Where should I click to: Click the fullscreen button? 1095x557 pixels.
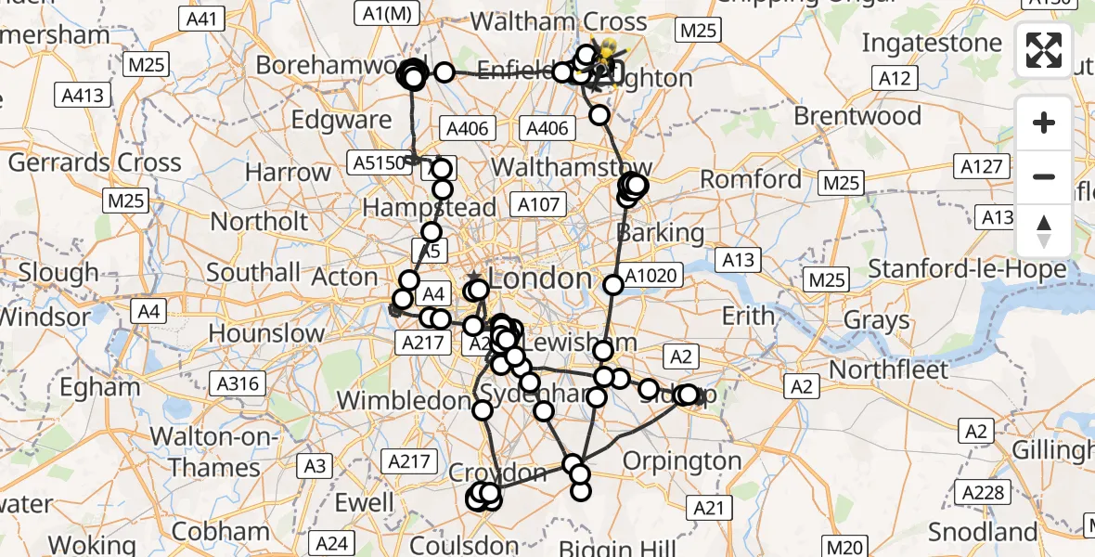[1044, 50]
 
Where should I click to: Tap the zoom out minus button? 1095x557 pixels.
[1044, 176]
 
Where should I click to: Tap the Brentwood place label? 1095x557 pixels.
[857, 117]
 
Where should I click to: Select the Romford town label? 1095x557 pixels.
[751, 178]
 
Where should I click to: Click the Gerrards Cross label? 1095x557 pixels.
[95, 162]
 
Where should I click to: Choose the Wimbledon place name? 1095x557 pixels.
[405, 400]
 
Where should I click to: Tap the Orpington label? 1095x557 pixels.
[682, 460]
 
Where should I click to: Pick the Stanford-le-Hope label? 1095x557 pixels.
[967, 270]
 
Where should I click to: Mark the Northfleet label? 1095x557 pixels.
[889, 369]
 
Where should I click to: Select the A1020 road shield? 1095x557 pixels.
[653, 275]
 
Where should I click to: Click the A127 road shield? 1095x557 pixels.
[982, 166]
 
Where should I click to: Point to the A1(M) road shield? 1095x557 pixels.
[385, 12]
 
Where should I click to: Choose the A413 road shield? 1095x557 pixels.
[84, 95]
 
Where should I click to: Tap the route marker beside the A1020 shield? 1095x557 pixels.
[612, 284]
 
